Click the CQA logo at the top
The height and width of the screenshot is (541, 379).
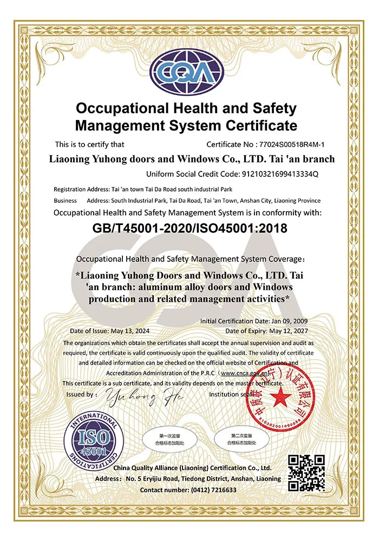[186, 73]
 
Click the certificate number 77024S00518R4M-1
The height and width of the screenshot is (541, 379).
[296, 144]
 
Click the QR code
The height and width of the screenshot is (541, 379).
[306, 473]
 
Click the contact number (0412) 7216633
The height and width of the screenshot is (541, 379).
[213, 490]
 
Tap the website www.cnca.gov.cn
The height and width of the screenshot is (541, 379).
[245, 373]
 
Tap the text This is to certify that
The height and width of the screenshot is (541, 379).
[90, 144]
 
